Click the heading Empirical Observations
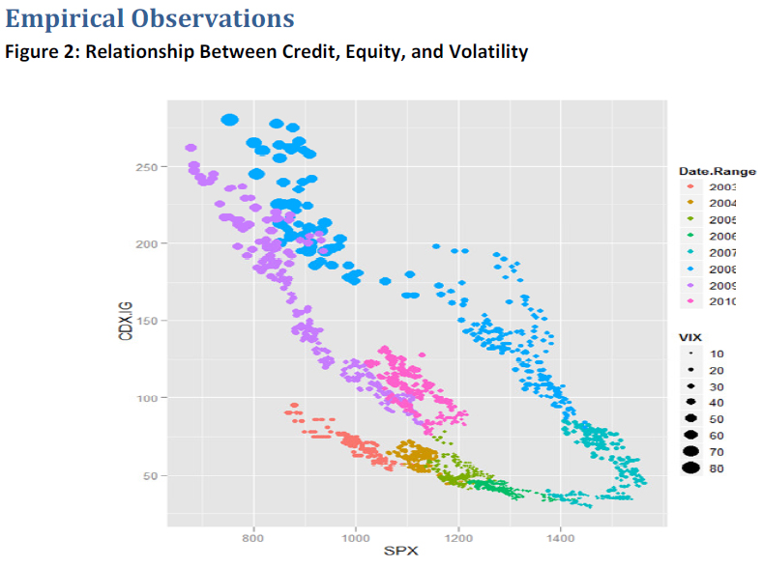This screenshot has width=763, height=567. (x=150, y=17)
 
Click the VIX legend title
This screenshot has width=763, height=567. (x=690, y=336)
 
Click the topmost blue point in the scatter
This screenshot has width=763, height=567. (x=229, y=120)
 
